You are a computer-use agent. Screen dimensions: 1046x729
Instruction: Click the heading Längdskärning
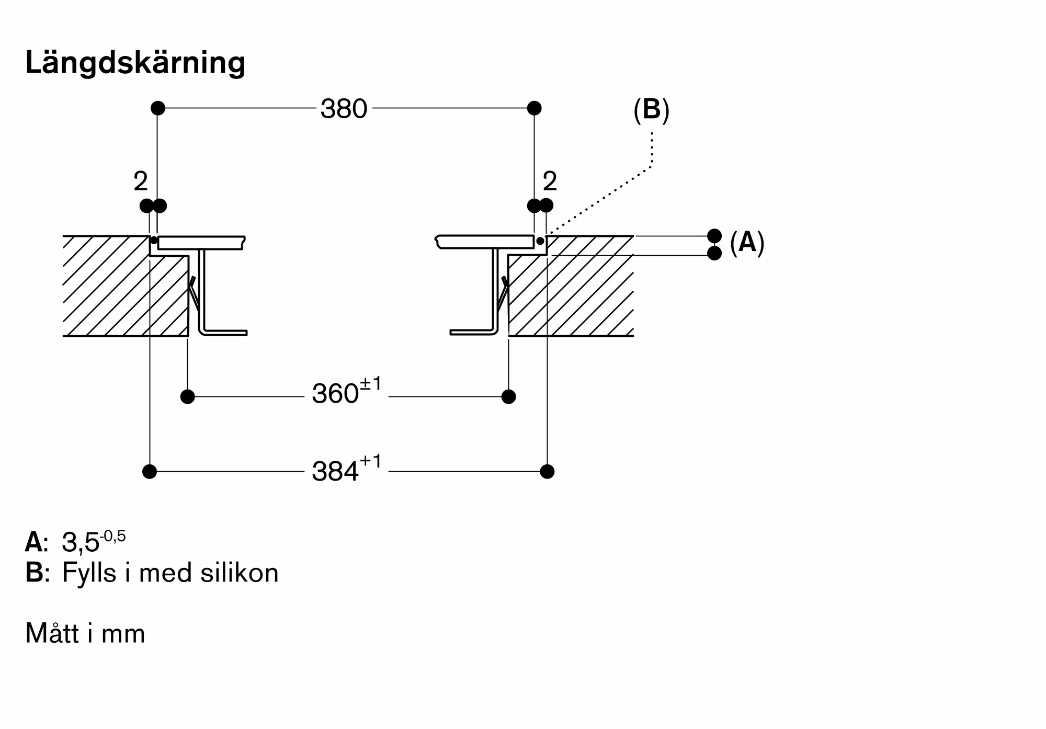tap(135, 63)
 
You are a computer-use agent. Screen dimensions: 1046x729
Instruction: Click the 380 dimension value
tap(344, 109)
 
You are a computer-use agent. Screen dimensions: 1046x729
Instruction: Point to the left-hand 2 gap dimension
tap(141, 181)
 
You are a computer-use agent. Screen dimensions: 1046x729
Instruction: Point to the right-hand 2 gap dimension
tap(550, 181)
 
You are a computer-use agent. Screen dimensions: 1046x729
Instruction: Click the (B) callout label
tap(651, 110)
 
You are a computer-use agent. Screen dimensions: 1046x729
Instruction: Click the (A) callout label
tap(747, 243)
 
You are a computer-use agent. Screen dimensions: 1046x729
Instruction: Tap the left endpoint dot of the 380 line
tap(158, 108)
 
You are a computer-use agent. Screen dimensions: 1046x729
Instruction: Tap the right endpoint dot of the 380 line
tap(534, 108)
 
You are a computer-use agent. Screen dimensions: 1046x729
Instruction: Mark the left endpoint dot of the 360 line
tap(187, 397)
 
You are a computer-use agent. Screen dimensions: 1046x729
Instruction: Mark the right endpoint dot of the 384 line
tap(547, 472)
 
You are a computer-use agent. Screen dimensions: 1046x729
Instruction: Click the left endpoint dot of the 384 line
tap(150, 472)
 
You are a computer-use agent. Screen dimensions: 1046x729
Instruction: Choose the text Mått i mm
tap(85, 633)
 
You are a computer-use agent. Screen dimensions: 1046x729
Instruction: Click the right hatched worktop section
tap(571, 286)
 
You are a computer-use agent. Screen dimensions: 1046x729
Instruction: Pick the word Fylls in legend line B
tap(89, 574)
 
